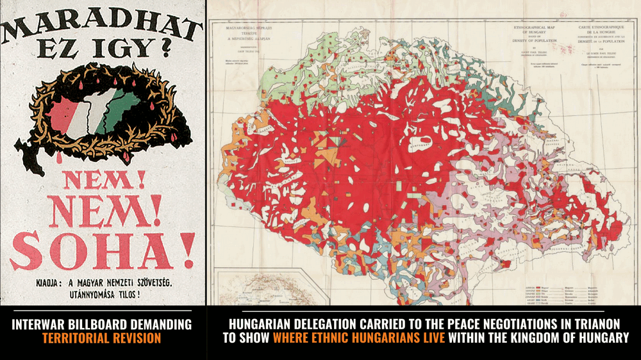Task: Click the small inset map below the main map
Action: click(254, 288)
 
